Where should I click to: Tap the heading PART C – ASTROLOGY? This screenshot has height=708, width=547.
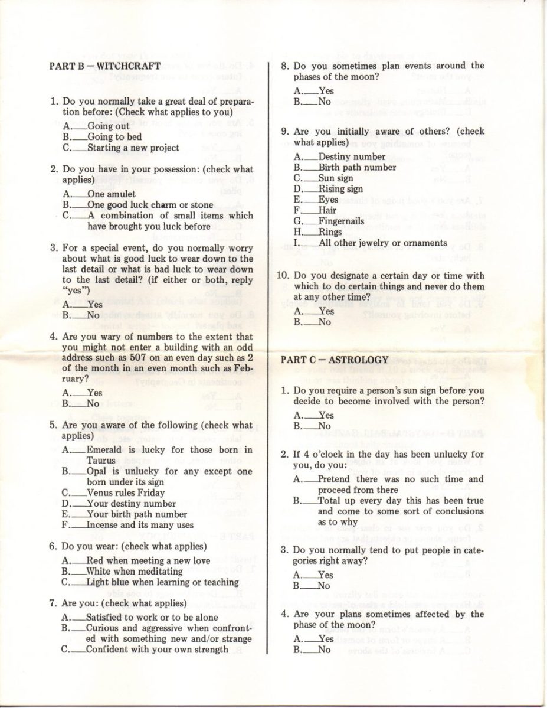point(334,360)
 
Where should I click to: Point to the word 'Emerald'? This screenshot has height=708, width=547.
point(105,449)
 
